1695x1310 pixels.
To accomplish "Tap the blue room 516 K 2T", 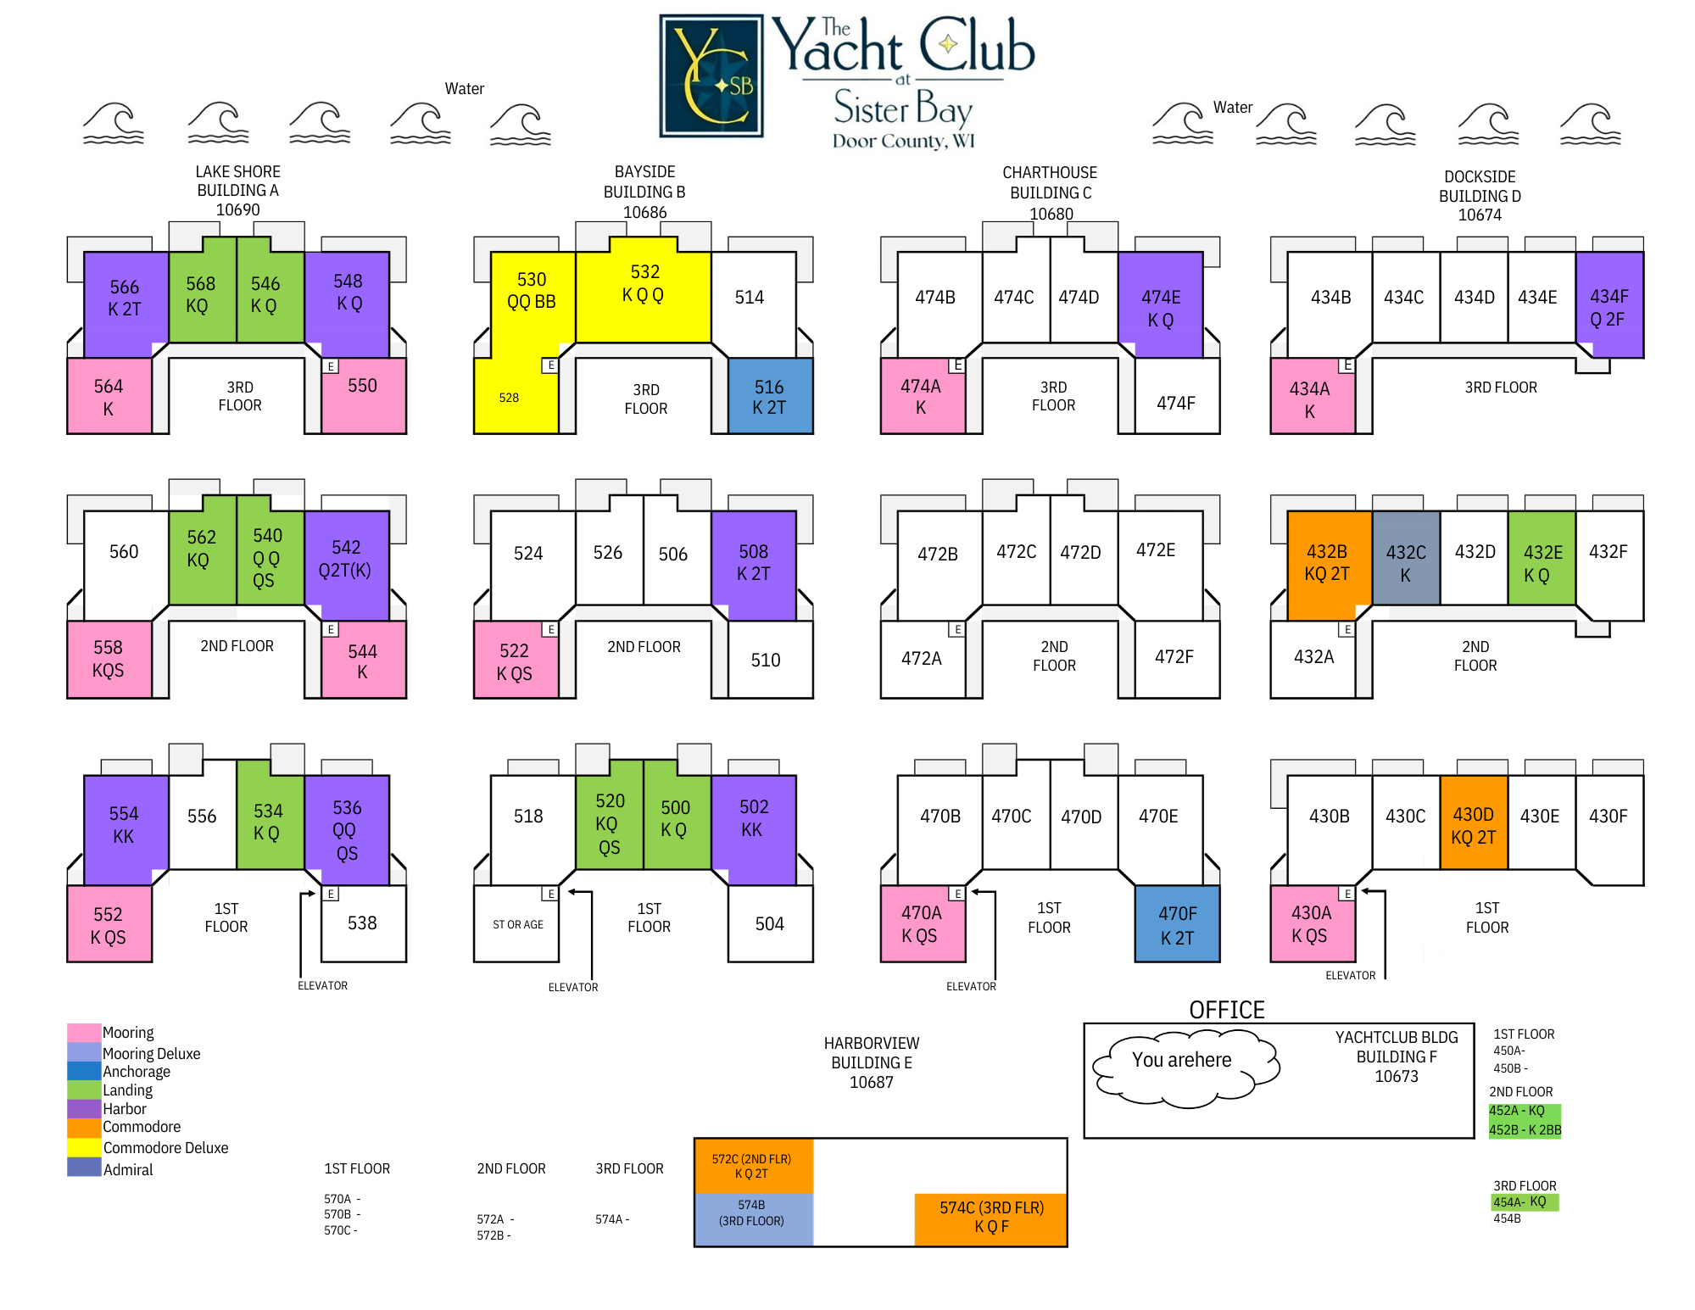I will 770,397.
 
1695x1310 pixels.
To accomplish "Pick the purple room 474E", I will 1160,307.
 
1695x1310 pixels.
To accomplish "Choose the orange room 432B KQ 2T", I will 1327,562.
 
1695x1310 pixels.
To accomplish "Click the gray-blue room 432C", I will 1406,562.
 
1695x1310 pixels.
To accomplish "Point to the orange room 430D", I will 1474,824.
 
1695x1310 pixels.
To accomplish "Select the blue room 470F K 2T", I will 1177,924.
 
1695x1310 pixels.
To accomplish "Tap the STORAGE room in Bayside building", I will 517,924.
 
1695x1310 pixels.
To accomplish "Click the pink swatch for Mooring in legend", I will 84,1033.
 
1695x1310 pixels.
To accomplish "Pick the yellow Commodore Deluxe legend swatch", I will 84,1147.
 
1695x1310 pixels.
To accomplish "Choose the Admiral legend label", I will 128,1169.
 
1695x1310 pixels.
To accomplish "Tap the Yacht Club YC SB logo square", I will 711,76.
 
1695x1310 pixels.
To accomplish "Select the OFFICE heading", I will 1226,1010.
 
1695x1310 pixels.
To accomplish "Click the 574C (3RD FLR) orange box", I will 990,1218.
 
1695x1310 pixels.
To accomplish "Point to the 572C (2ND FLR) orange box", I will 752,1166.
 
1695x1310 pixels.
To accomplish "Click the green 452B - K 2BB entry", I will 1525,1129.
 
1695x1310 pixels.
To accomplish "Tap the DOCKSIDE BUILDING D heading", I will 1480,196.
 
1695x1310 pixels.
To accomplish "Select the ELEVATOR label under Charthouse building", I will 971,986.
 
